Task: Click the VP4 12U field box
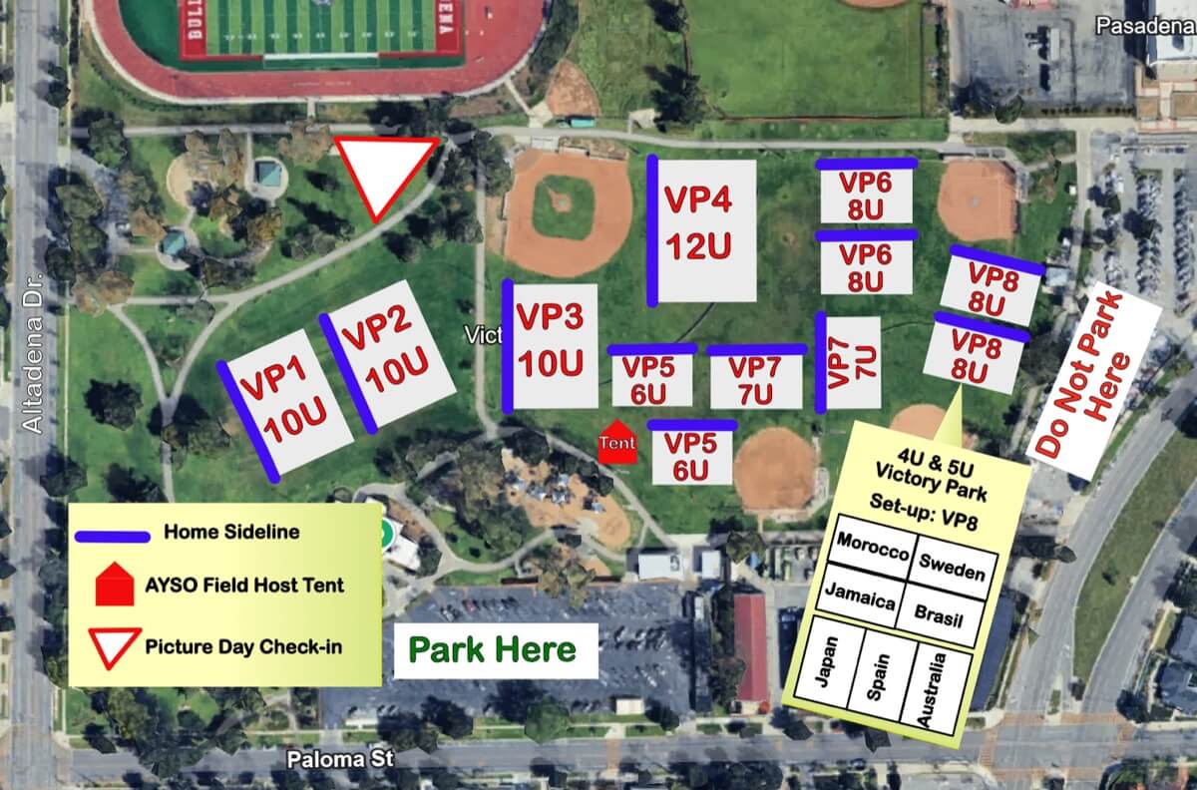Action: point(705,230)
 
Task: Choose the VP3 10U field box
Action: point(553,345)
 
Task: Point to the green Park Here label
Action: point(494,650)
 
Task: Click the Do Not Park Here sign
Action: point(1093,379)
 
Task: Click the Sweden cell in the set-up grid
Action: point(952,567)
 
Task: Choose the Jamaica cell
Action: point(858,599)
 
